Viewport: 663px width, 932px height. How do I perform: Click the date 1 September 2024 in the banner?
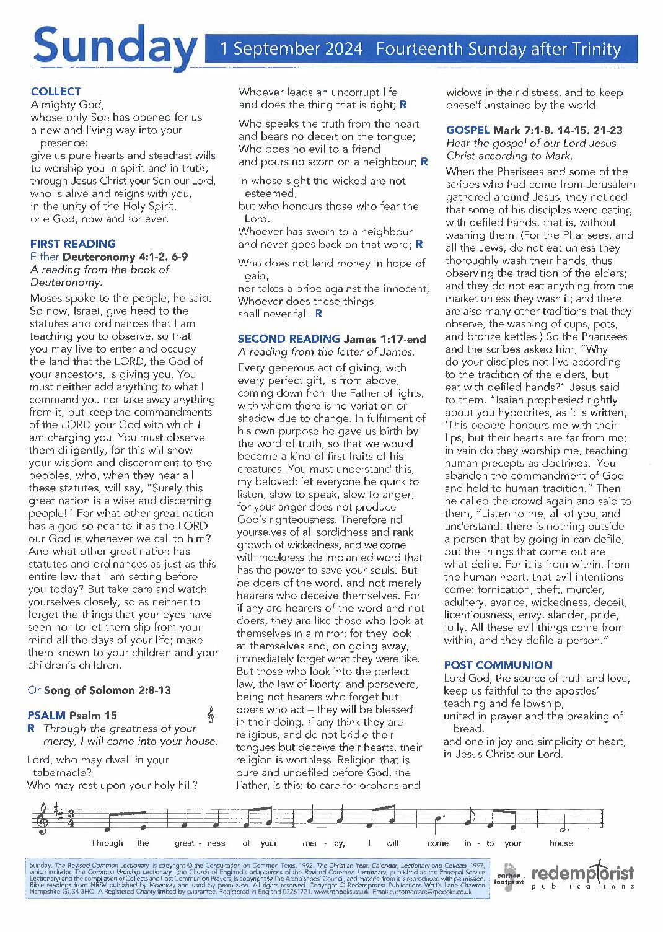point(291,49)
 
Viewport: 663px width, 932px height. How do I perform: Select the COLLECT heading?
point(56,92)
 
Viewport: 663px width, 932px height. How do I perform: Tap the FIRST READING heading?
point(72,244)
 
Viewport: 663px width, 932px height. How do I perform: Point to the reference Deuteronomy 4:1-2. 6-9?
point(125,257)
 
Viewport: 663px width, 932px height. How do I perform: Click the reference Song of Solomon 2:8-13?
point(107,690)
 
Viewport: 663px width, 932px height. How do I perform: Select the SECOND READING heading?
point(289,339)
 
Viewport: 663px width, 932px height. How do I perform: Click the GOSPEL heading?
point(468,130)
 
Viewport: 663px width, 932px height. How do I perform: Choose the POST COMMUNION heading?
point(498,665)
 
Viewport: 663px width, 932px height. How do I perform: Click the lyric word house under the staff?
point(562,843)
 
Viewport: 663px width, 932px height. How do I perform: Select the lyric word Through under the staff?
point(107,843)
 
